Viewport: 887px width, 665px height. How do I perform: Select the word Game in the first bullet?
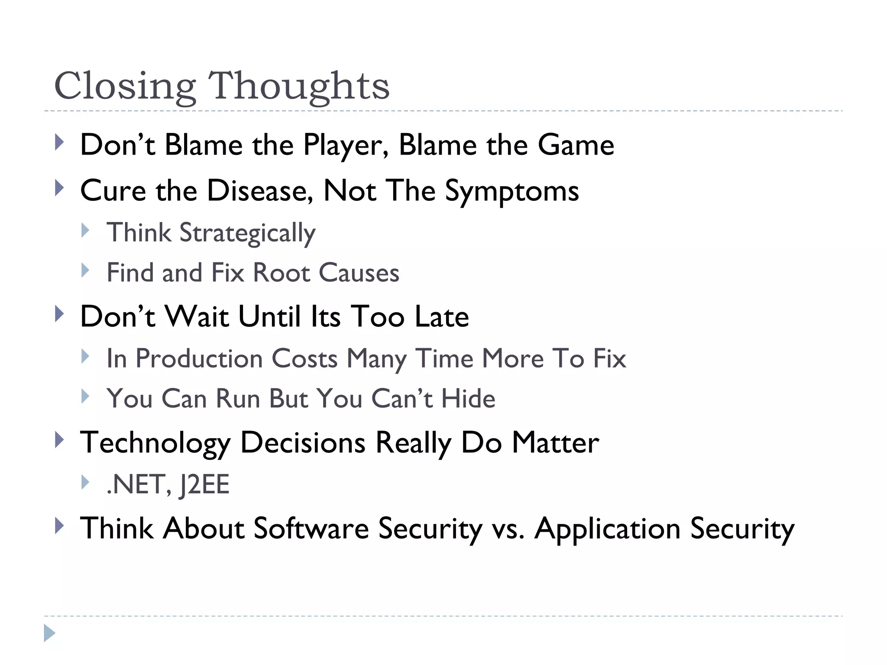pyautogui.click(x=576, y=145)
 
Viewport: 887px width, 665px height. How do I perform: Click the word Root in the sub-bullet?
pyautogui.click(x=282, y=273)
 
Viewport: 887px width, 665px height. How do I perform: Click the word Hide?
pyautogui.click(x=468, y=399)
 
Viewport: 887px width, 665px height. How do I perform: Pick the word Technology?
pyautogui.click(x=155, y=443)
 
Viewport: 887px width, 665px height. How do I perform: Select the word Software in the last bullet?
pyautogui.click(x=311, y=529)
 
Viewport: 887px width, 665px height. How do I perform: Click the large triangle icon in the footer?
pyautogui.click(x=49, y=633)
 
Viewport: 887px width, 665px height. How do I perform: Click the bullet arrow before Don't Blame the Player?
pyautogui.click(x=60, y=142)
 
